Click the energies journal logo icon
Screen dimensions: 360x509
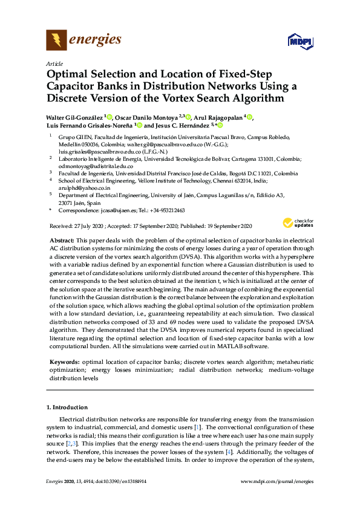(x=56, y=41)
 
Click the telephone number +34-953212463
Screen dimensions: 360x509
(x=166, y=210)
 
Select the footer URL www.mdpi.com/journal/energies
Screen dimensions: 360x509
(x=277, y=482)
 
